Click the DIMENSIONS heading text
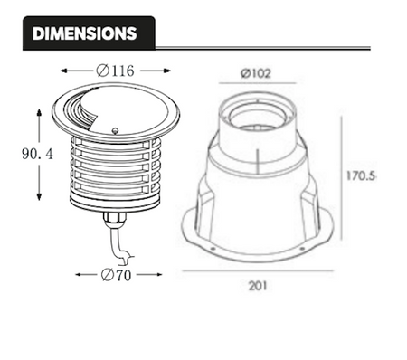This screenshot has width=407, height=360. pyautogui.click(x=84, y=33)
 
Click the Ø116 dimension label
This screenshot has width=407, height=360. pyautogui.click(x=114, y=71)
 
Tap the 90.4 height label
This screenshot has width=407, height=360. pyautogui.click(x=37, y=155)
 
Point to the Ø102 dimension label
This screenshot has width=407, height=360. pyautogui.click(x=256, y=73)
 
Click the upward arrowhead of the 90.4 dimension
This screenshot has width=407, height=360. pyautogui.click(x=40, y=112)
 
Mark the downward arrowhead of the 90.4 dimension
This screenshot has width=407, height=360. pyautogui.click(x=40, y=197)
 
